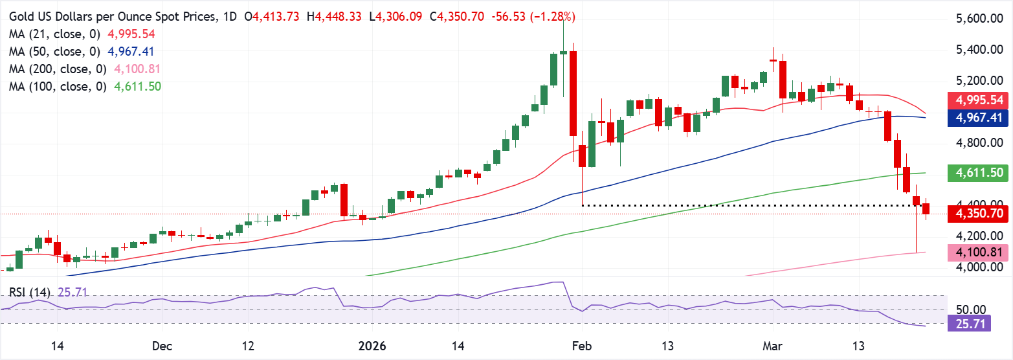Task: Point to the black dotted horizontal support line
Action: coord(744,205)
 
